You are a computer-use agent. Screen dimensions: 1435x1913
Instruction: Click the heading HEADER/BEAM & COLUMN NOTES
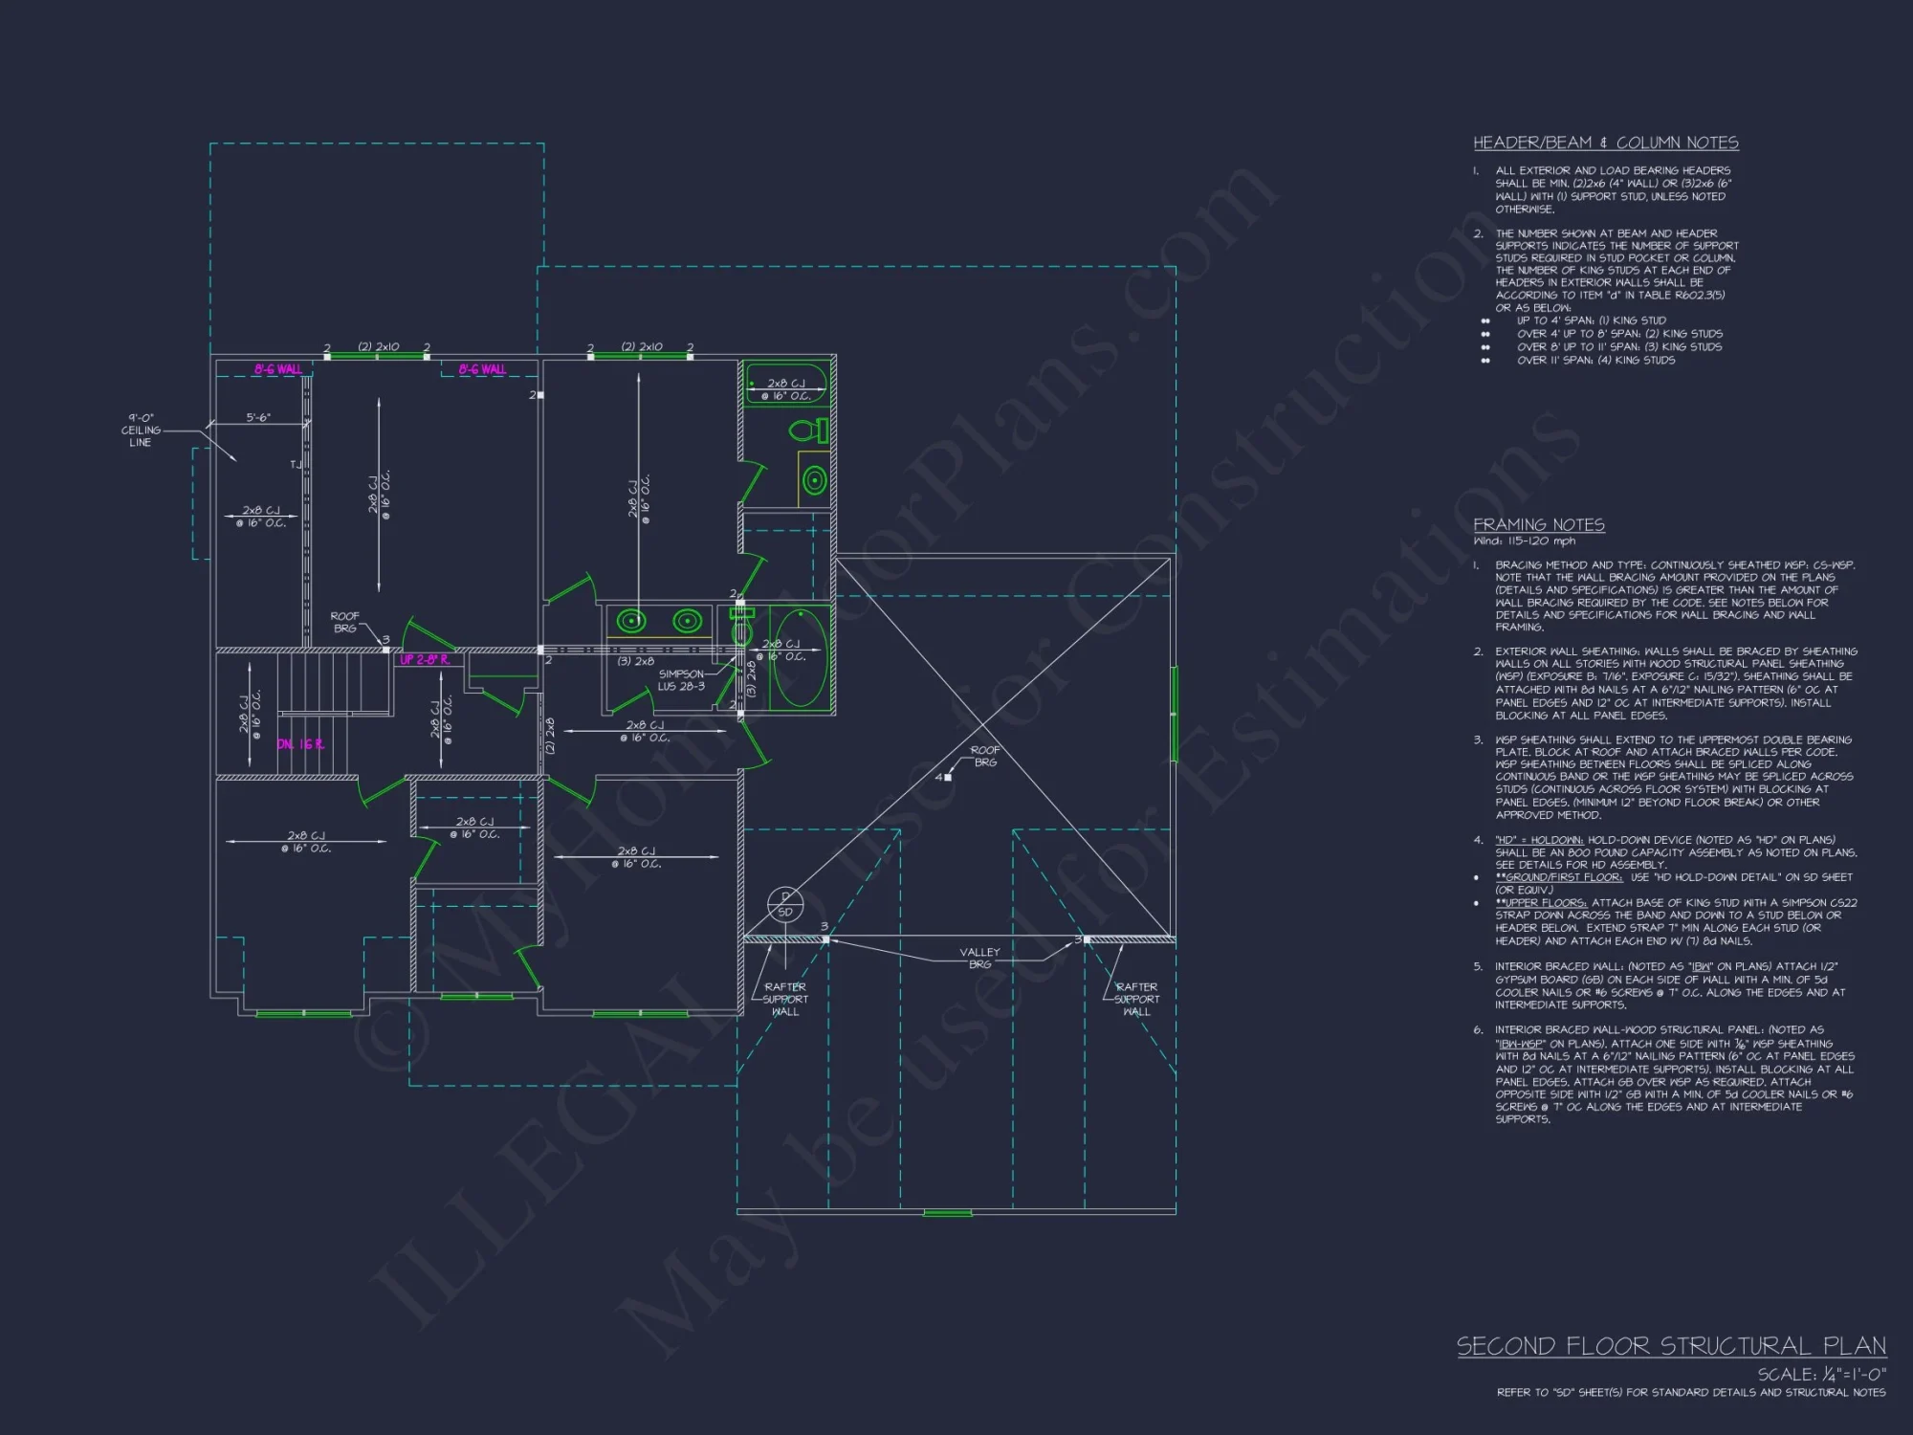(x=1605, y=143)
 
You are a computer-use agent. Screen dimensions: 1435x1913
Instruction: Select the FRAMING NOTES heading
(x=1538, y=525)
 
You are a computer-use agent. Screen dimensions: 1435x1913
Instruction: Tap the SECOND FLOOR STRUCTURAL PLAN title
(x=1670, y=1347)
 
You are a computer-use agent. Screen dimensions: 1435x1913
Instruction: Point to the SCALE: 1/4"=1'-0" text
(x=1821, y=1374)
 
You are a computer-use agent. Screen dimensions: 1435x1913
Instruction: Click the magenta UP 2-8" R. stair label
(x=425, y=660)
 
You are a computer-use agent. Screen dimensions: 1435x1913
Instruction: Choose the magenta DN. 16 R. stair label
(x=300, y=744)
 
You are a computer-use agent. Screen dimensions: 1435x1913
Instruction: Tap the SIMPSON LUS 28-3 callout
(x=681, y=680)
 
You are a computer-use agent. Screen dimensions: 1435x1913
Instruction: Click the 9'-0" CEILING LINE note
(x=141, y=430)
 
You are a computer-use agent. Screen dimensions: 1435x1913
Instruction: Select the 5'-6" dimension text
(x=258, y=418)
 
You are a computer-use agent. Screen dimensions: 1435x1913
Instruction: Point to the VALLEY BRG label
(x=979, y=958)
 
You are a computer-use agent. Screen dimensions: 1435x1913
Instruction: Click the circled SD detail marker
(x=785, y=905)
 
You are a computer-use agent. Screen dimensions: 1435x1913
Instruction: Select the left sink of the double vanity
(x=631, y=622)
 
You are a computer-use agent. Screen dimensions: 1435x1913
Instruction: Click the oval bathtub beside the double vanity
(x=799, y=656)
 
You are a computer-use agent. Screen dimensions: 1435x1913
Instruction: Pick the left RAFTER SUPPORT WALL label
(x=785, y=999)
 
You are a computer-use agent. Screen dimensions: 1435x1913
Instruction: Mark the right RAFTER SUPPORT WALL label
(x=1136, y=999)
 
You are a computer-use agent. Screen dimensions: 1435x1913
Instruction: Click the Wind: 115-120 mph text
(x=1524, y=541)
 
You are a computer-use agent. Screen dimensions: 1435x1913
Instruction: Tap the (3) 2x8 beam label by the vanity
(x=636, y=662)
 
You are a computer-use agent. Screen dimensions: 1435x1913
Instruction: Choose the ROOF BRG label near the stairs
(x=344, y=622)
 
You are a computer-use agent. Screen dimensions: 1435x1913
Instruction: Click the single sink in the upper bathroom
(x=814, y=479)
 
